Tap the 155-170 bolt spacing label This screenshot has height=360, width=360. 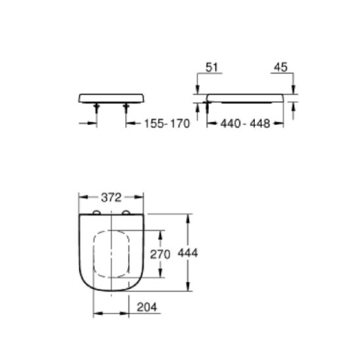pos(166,124)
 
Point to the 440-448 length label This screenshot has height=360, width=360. pos(246,124)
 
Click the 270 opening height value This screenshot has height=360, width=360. pos(161,254)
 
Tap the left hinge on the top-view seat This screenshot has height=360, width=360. pos(97,213)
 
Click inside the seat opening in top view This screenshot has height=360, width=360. pos(111,253)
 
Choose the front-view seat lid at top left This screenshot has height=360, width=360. pos(111,98)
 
